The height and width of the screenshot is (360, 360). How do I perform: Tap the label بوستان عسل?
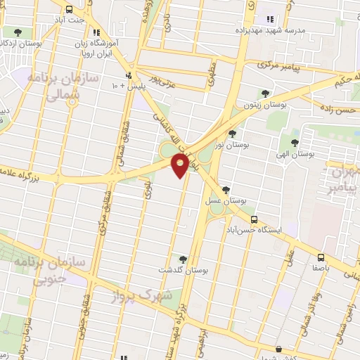tap(223, 200)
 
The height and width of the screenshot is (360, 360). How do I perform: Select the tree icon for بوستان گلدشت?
tap(184, 259)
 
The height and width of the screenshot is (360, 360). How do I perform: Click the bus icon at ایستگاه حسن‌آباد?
tap(254, 219)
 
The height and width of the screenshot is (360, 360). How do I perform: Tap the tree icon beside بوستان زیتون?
tap(265, 93)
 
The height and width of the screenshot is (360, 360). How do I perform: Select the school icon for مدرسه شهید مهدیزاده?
tap(269, 18)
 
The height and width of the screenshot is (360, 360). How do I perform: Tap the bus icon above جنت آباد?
tap(69, 10)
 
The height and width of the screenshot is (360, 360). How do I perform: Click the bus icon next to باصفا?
tap(320, 257)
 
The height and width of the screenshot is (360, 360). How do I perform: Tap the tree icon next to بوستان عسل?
tap(225, 189)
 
